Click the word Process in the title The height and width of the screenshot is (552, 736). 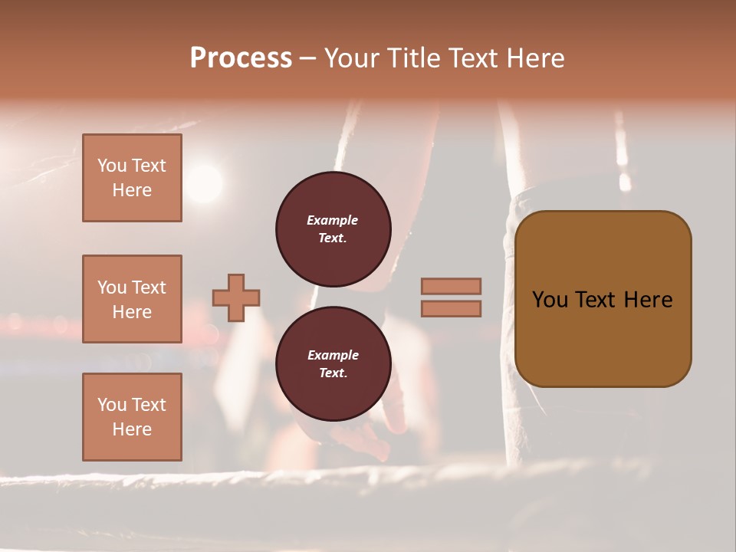click(241, 58)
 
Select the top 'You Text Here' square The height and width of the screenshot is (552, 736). click(132, 178)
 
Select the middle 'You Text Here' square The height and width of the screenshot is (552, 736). click(132, 299)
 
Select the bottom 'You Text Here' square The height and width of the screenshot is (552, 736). click(132, 417)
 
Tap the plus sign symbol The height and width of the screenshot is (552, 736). click(236, 297)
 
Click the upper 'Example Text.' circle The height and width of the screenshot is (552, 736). click(333, 229)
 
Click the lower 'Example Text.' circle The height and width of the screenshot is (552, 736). click(333, 364)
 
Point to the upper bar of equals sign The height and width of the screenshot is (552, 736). click(451, 286)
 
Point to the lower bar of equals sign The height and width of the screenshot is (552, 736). click(451, 308)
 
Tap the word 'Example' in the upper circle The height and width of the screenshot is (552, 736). click(333, 220)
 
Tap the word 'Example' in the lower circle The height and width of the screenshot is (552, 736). click(333, 355)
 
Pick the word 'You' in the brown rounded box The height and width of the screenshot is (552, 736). click(550, 300)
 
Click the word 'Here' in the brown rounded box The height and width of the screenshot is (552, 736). click(648, 300)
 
